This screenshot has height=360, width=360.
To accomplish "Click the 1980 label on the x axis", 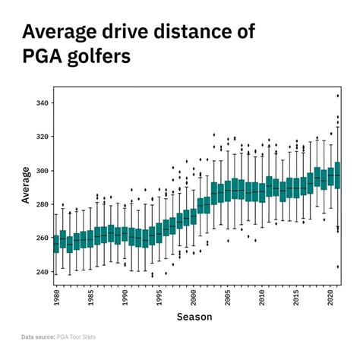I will pyautogui.click(x=56, y=298).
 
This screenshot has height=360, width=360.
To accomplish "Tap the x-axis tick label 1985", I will pyautogui.click(x=90, y=298).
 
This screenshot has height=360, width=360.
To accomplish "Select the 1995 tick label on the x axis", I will pyautogui.click(x=159, y=298).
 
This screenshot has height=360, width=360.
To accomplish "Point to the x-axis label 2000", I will pyautogui.click(x=194, y=298).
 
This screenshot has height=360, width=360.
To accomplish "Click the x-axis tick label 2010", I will pyautogui.click(x=262, y=298).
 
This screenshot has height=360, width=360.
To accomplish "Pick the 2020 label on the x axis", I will pyautogui.click(x=331, y=298).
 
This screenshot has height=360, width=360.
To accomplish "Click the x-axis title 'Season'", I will pyautogui.click(x=194, y=317).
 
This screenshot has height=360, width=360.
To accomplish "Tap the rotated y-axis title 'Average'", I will pyautogui.click(x=26, y=186).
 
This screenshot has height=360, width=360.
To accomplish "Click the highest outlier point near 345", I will pyautogui.click(x=337, y=96).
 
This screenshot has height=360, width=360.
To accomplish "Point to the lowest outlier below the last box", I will pyautogui.click(x=337, y=267).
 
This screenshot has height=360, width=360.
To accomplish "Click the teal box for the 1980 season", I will pyautogui.click(x=56, y=244).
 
